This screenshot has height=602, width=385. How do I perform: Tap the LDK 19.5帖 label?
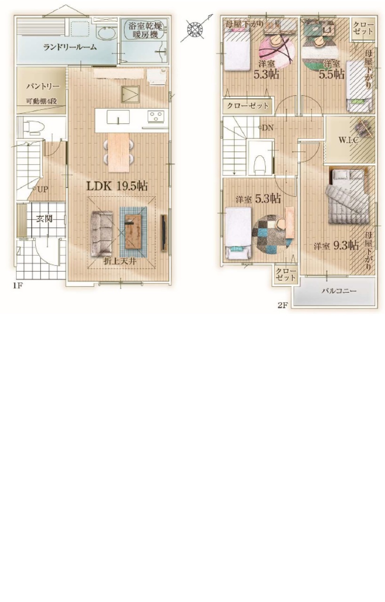tap(117, 186)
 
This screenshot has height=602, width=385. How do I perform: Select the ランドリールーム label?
tap(70, 48)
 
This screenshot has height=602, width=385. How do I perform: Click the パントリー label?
tap(43, 86)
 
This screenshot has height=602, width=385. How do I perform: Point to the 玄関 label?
tap(44, 219)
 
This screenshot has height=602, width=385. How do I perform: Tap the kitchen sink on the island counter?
tap(118, 117)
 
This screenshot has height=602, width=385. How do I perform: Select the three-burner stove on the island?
tap(156, 117)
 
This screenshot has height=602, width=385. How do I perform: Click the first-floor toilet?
tap(33, 127)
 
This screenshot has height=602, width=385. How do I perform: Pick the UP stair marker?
tap(40, 189)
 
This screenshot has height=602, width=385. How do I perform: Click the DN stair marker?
tap(266, 127)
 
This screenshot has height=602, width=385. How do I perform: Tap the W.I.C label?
tap(348, 140)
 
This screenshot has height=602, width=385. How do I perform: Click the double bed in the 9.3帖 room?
tap(348, 197)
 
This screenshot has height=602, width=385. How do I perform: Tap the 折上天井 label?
tap(120, 261)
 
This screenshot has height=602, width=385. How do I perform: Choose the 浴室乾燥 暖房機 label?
tap(145, 30)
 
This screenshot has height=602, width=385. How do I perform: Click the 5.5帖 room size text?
tap(331, 74)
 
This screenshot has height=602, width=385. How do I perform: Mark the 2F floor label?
tap(283, 305)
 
